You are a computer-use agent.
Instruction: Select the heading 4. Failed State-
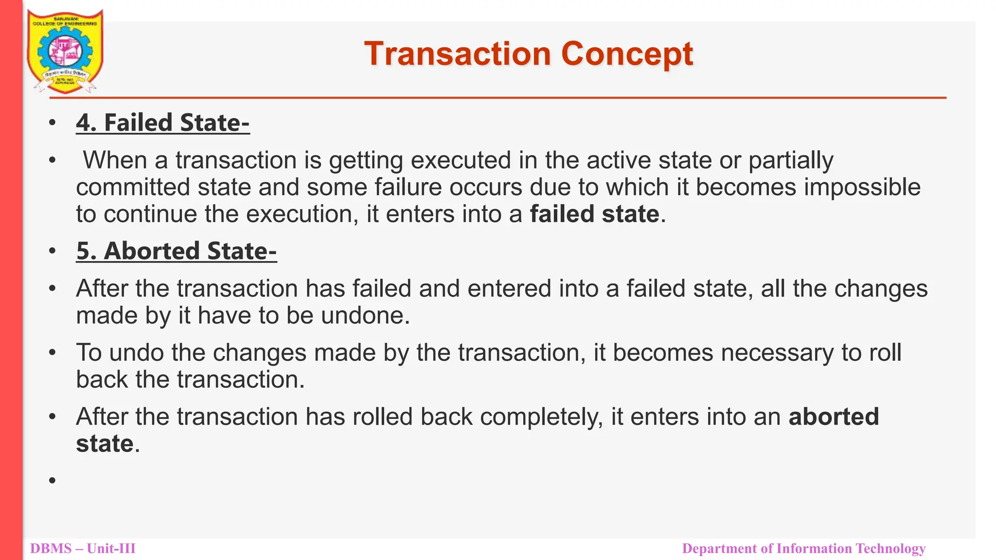tap(162, 122)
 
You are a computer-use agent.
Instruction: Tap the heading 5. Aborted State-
tap(176, 251)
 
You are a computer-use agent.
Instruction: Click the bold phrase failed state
tap(594, 214)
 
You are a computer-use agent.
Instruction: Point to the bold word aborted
tap(834, 417)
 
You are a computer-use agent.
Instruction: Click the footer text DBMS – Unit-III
tap(83, 549)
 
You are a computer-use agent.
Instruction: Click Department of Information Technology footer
tap(803, 549)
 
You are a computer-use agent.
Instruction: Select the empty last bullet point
tap(53, 481)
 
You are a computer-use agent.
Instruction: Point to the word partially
tap(791, 160)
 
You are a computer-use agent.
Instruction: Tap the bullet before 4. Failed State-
tap(53, 123)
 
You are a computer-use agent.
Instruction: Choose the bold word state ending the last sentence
tap(105, 444)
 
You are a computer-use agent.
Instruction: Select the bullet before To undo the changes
tap(53, 353)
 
